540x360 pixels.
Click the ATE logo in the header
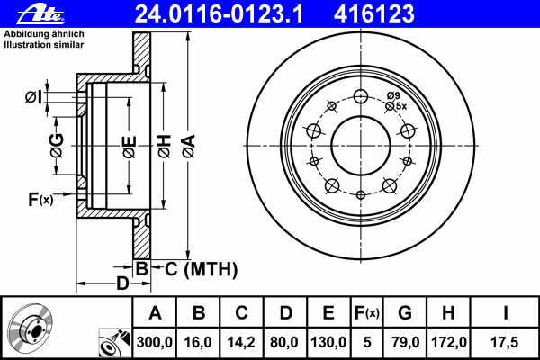click(x=40, y=14)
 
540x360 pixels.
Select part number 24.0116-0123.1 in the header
click(x=219, y=14)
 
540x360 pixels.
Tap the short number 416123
click(x=374, y=14)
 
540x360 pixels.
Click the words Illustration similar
click(x=44, y=45)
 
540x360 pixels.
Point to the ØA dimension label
click(x=189, y=147)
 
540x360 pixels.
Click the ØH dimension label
click(x=165, y=147)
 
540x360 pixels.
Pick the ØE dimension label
click(x=129, y=147)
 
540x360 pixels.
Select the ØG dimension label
click(x=57, y=146)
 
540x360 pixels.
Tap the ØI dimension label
click(x=33, y=97)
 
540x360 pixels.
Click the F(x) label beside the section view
click(x=40, y=199)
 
